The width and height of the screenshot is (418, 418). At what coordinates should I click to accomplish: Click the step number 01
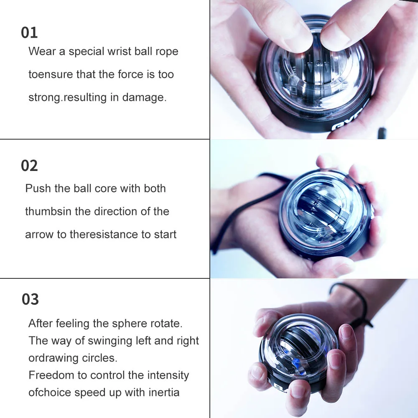click(x=29, y=33)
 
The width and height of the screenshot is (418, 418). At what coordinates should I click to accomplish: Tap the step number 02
click(x=29, y=166)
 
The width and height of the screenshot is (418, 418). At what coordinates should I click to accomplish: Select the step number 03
click(x=30, y=299)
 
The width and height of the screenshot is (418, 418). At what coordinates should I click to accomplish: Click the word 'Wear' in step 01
click(x=41, y=51)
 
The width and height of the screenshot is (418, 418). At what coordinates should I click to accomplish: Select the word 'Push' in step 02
click(x=37, y=189)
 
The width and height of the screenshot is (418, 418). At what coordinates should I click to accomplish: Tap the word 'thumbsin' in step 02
click(x=48, y=211)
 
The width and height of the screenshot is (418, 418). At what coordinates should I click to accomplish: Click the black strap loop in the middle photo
click(x=234, y=217)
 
